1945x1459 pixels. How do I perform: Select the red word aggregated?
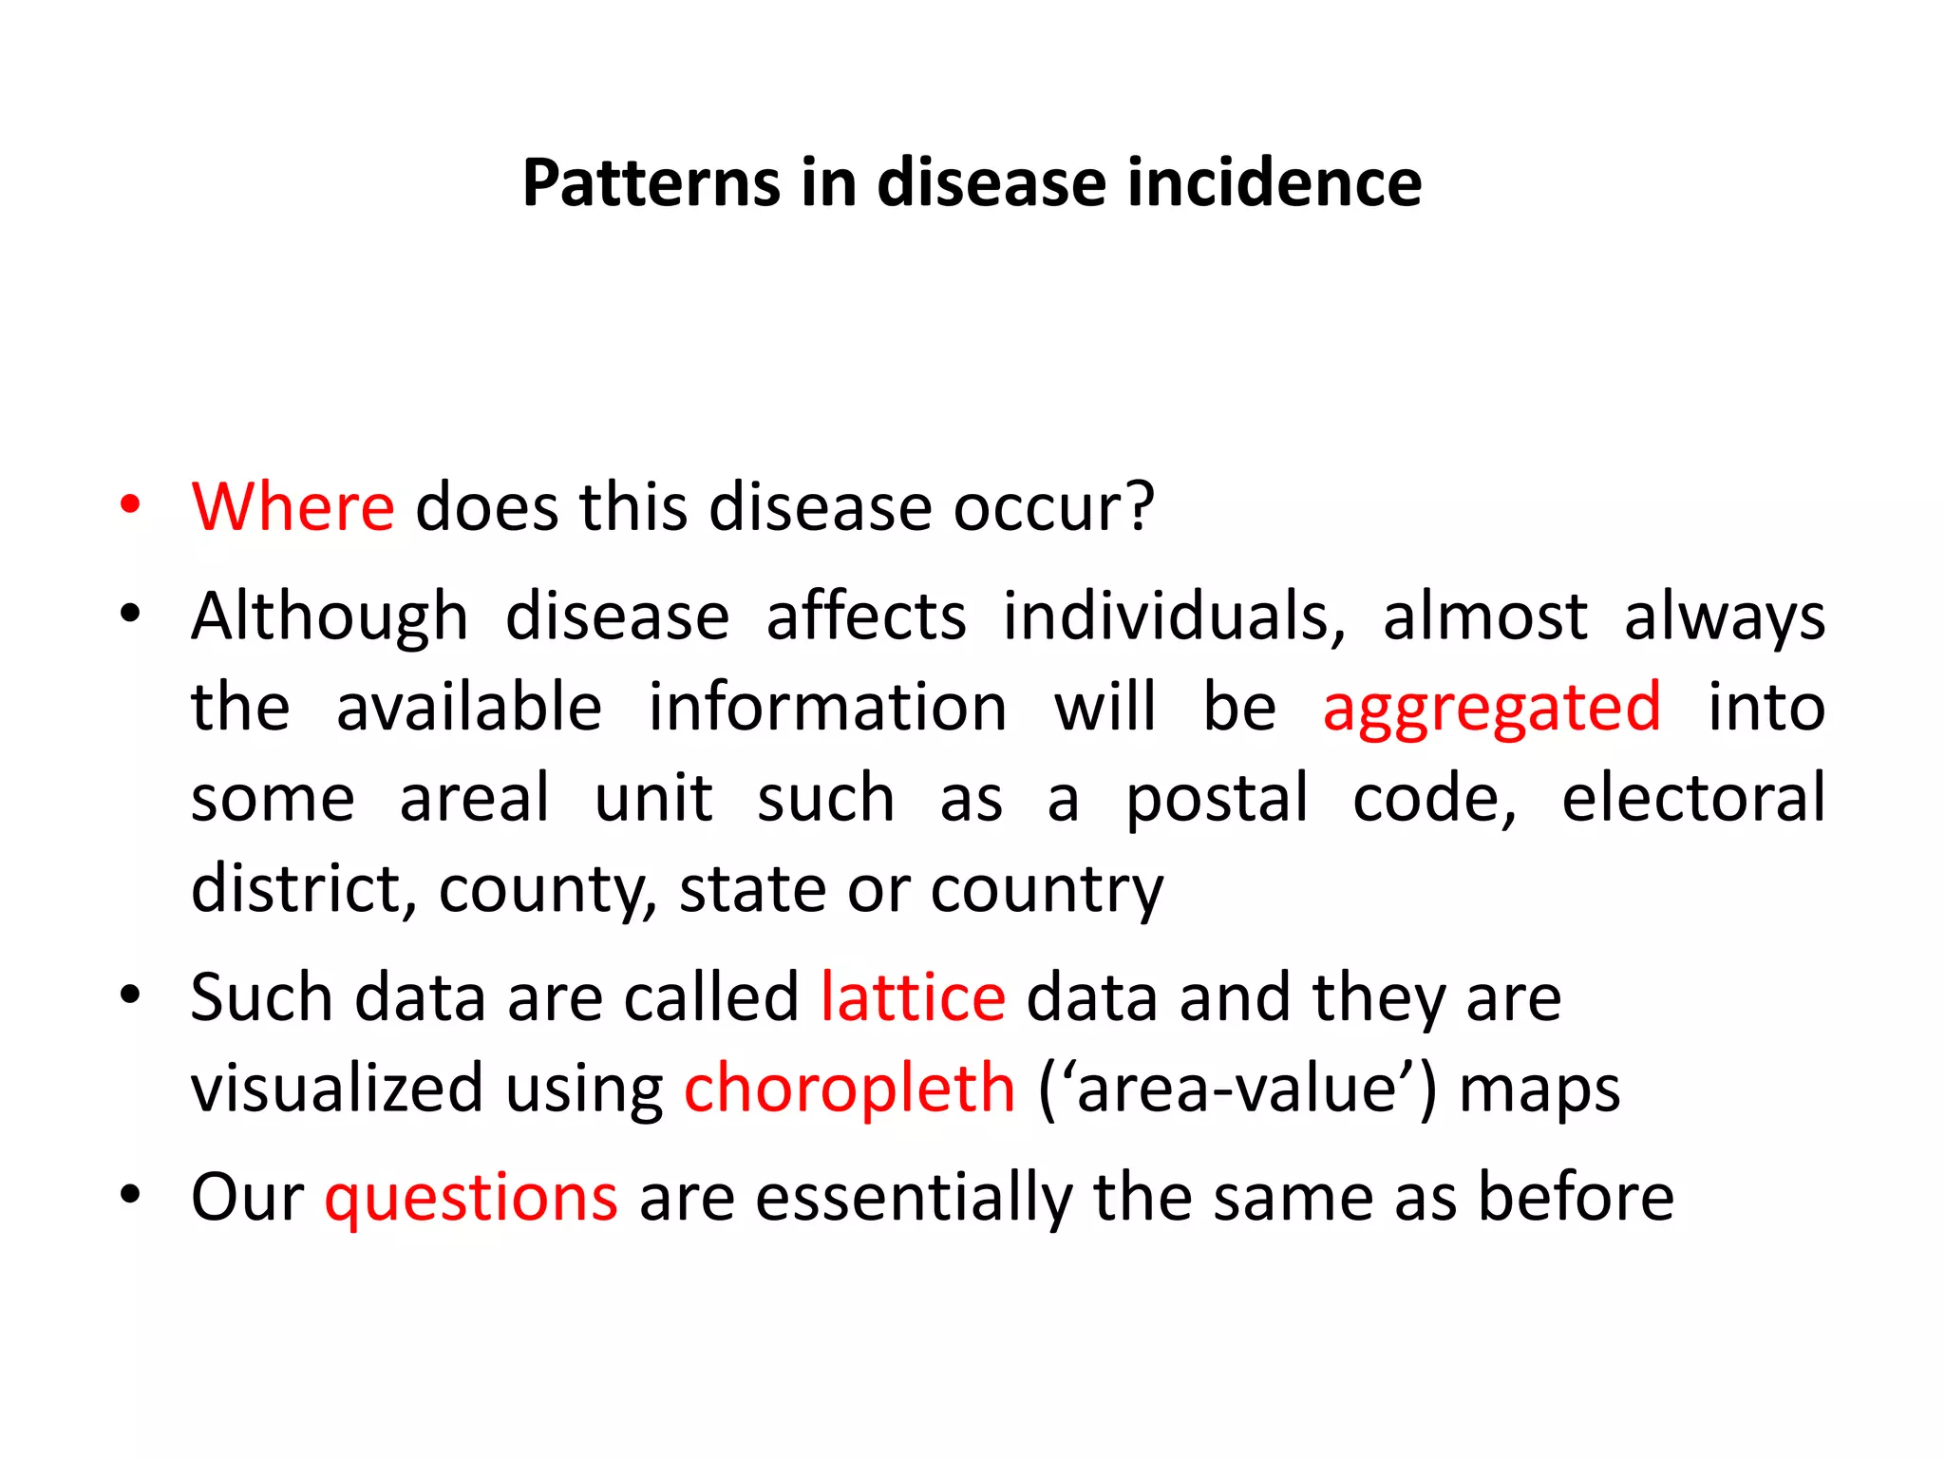[1492, 708]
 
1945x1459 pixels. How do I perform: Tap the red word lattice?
[913, 997]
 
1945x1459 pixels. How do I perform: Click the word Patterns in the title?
[650, 182]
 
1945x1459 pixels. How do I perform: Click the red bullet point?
[130, 504]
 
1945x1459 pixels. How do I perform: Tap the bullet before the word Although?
[130, 614]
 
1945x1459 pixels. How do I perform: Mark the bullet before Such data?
[130, 995]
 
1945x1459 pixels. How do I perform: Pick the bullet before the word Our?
[130, 1194]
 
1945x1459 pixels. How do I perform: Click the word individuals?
[1174, 616]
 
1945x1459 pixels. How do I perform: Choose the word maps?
[1539, 1090]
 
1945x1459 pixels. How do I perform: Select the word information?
[827, 708]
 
